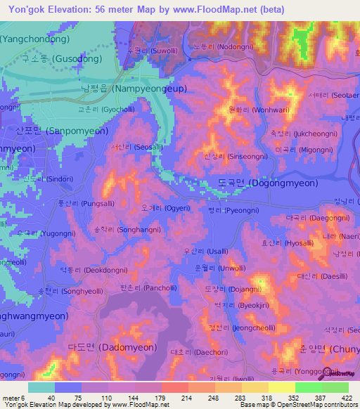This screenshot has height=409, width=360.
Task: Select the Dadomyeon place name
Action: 98,347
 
